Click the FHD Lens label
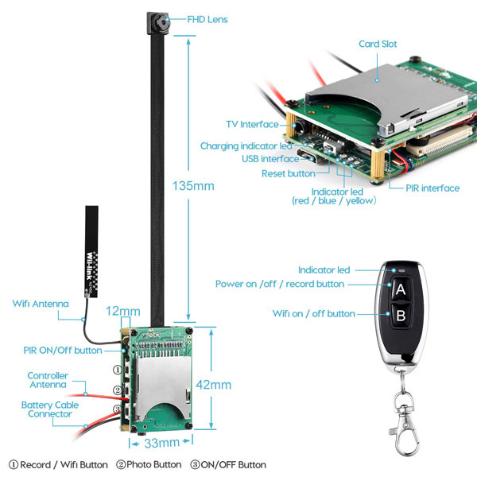point(207,19)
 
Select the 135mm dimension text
point(193,186)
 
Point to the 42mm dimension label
point(214,385)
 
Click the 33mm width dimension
point(162,443)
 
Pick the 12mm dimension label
point(123,311)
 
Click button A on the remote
point(401,289)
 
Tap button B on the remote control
point(401,316)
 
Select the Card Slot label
point(378,44)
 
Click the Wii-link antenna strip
point(91,251)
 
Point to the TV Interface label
point(252,125)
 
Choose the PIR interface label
point(432,188)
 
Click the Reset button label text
point(289,173)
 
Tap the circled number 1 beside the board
point(118,370)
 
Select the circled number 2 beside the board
point(118,390)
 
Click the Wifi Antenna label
point(41,304)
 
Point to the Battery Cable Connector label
point(50,409)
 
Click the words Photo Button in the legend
point(154,464)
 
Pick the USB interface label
point(270,159)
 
